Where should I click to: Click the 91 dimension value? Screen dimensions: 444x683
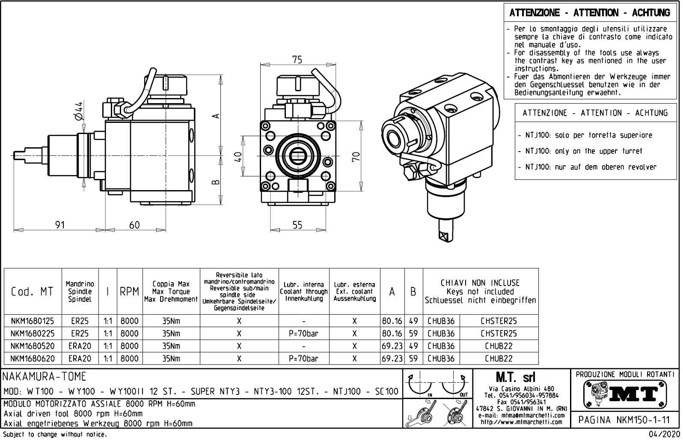(x=60, y=224)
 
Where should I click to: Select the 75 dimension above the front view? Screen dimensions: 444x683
(x=297, y=60)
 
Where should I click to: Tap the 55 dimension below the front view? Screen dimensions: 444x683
(x=297, y=224)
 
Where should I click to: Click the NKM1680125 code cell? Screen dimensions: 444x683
(x=33, y=321)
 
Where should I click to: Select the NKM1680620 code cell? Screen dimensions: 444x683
(x=33, y=359)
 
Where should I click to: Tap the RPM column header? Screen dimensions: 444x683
(x=129, y=292)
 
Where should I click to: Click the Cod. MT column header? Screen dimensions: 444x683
(x=33, y=292)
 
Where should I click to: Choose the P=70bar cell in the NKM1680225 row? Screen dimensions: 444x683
(x=304, y=334)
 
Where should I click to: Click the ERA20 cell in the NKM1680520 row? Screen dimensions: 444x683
(x=80, y=346)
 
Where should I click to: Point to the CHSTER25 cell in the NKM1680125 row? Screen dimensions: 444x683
(x=499, y=321)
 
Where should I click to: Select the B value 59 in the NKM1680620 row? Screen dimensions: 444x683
(x=413, y=359)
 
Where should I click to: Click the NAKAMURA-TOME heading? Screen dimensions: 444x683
(x=45, y=377)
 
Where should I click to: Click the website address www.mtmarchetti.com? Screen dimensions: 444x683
(x=521, y=422)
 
